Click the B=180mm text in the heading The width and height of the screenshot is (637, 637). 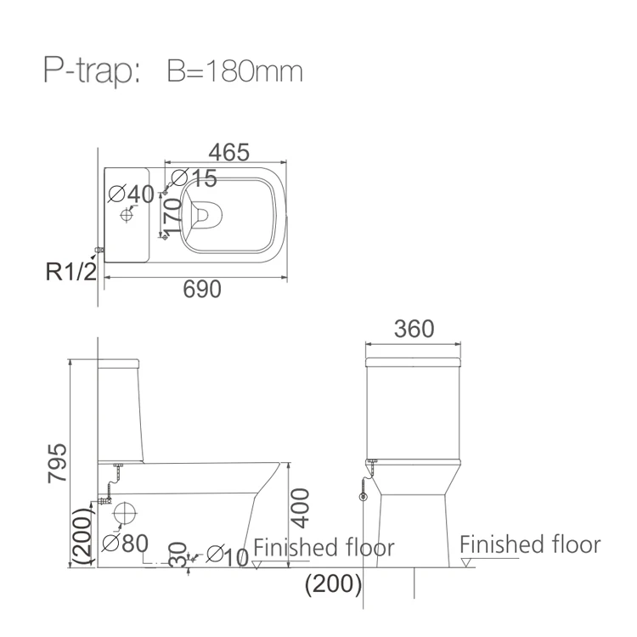tap(234, 71)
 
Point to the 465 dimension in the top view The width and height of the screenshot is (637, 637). tap(229, 152)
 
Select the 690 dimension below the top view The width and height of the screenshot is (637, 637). tap(202, 290)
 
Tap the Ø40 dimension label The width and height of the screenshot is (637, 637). tap(132, 194)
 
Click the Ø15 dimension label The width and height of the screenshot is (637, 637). tap(194, 178)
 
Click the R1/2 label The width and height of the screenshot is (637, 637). tap(72, 272)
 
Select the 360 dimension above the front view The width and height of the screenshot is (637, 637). tap(415, 329)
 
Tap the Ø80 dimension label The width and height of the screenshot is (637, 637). tap(125, 542)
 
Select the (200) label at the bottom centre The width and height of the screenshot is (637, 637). tap(334, 583)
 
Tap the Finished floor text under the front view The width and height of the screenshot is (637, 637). tap(530, 544)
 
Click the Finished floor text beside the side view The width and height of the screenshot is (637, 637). tap(324, 548)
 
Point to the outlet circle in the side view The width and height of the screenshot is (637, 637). tap(125, 514)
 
